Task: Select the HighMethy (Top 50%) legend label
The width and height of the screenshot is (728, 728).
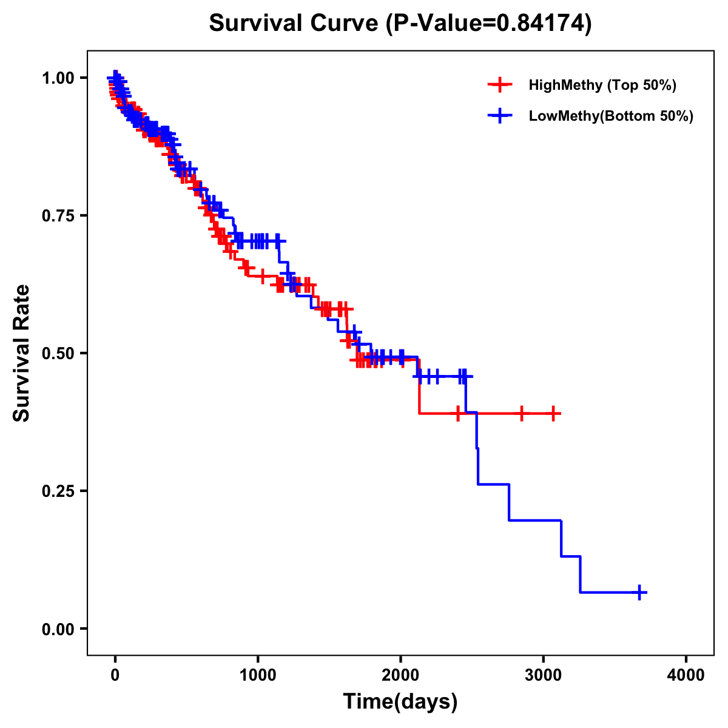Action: click(602, 85)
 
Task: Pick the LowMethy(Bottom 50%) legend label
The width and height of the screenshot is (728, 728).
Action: click(611, 116)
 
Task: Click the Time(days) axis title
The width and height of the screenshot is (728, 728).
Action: click(400, 702)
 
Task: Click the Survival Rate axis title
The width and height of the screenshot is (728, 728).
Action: click(22, 352)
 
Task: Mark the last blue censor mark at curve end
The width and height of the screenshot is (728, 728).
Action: click(639, 592)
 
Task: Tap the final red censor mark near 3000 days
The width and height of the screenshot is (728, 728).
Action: click(553, 413)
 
